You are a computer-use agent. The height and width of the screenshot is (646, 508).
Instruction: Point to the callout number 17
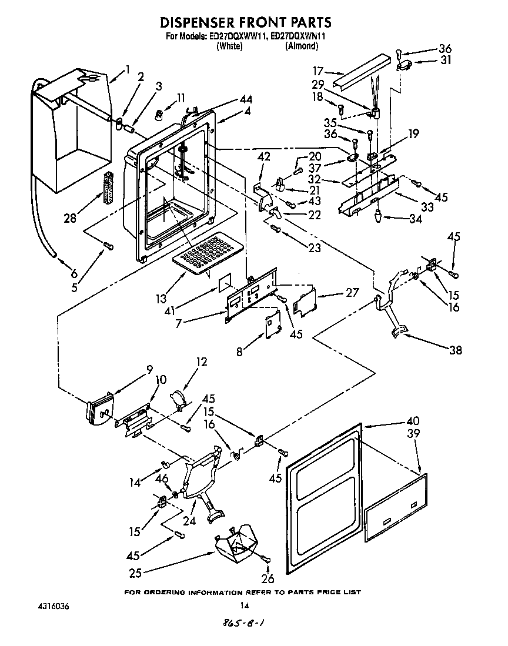pos(318,69)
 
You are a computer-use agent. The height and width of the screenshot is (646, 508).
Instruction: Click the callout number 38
pos(455,351)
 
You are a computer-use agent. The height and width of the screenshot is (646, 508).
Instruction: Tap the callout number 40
pos(413,420)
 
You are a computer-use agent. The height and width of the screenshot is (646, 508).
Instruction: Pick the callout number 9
pos(149,370)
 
